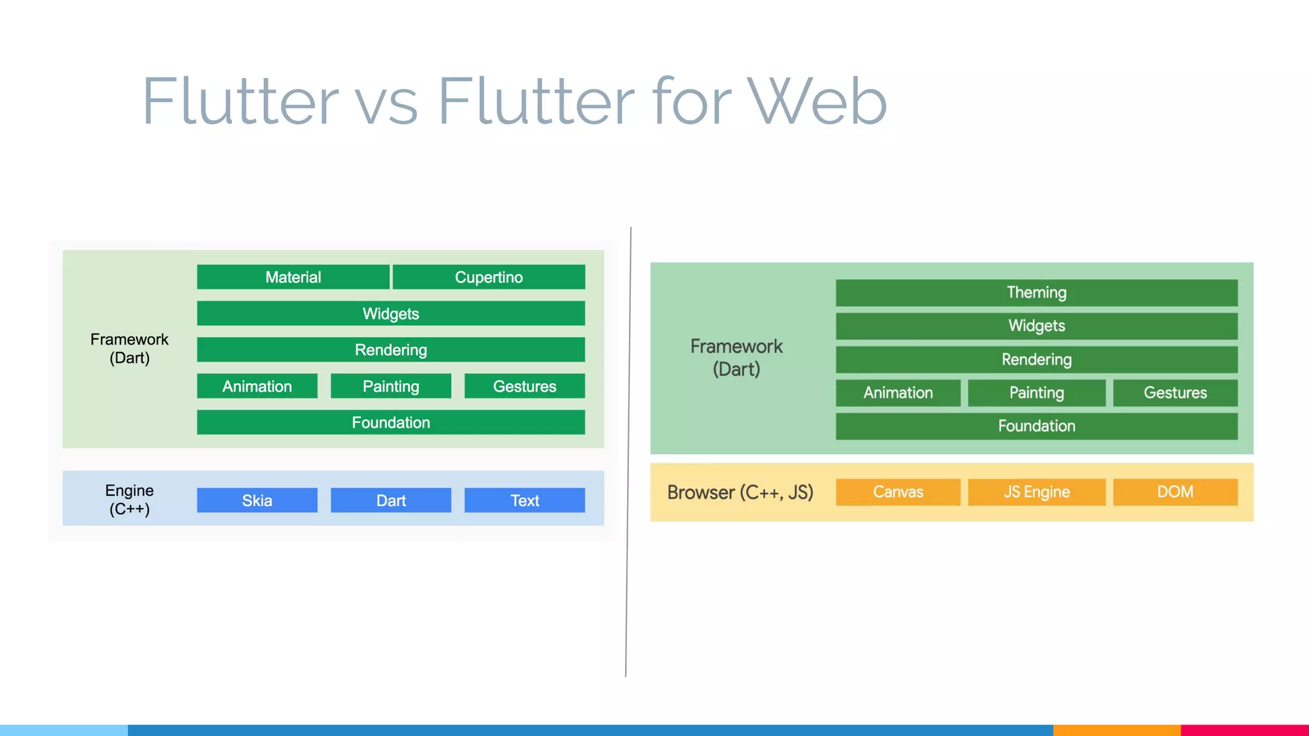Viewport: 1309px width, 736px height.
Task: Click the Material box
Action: (x=293, y=277)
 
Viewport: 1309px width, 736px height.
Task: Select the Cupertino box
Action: (x=489, y=277)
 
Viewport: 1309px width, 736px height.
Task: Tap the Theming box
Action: (x=1036, y=293)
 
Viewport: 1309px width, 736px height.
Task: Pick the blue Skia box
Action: (x=257, y=500)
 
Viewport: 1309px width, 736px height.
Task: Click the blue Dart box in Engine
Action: (x=391, y=500)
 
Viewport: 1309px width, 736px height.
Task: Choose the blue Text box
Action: (x=524, y=500)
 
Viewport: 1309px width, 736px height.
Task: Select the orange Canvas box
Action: (x=898, y=492)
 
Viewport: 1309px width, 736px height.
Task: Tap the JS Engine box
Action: (x=1036, y=492)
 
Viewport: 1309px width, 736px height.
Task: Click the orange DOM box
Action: (x=1175, y=492)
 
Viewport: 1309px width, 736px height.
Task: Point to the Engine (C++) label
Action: (x=130, y=500)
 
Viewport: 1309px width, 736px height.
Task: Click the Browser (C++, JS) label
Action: (x=740, y=493)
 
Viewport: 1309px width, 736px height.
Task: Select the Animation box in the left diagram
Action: (x=257, y=386)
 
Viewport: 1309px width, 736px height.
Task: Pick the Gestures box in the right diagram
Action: (x=1175, y=393)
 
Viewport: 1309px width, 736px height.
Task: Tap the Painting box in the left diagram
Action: (x=391, y=386)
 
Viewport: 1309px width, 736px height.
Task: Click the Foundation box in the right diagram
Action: (x=1036, y=426)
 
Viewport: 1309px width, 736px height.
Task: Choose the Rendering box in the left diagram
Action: (x=391, y=350)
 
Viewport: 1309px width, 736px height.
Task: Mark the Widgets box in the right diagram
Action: (x=1036, y=326)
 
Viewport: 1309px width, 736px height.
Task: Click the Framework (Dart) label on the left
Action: (x=130, y=348)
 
